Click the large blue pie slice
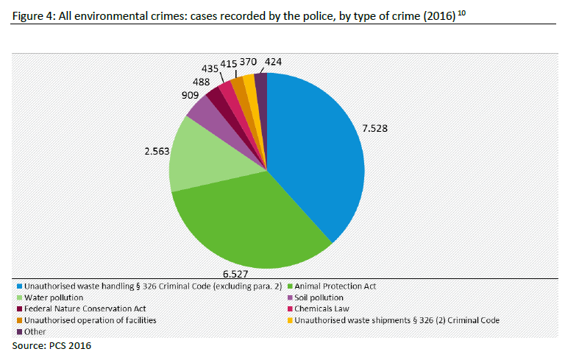click(316, 155)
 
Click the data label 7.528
click(374, 128)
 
